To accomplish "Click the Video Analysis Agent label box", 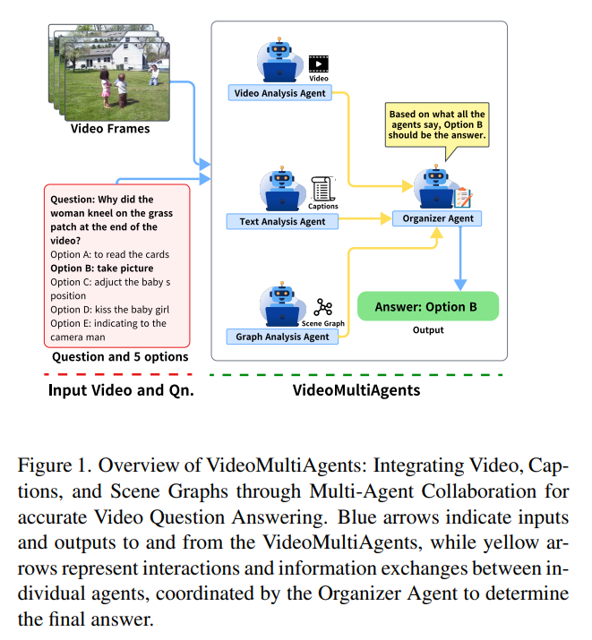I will [280, 92].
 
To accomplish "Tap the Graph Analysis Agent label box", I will [283, 337].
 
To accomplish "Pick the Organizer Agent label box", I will [438, 218].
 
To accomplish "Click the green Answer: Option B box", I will [427, 306].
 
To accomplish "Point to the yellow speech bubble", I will [437, 125].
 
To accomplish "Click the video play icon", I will [319, 64].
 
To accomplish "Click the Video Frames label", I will [110, 129].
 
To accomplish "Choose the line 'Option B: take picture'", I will [102, 268].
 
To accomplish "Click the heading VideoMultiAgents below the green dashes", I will [356, 390].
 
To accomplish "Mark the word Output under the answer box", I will [427, 330].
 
